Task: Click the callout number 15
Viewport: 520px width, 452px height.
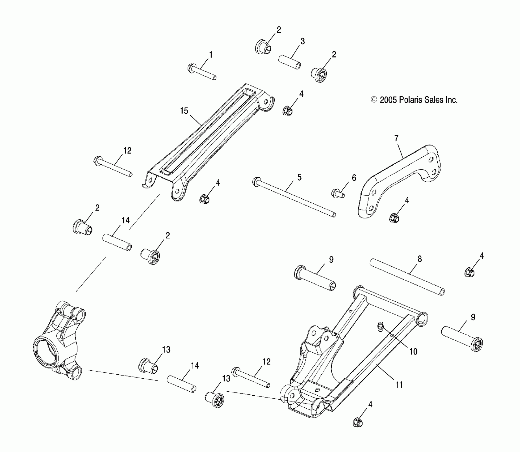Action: (x=184, y=111)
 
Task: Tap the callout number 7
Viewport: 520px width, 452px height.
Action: (x=396, y=138)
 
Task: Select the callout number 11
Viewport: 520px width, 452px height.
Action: (x=399, y=385)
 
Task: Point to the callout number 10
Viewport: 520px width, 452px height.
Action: (x=413, y=352)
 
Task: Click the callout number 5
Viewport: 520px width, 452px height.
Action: (x=299, y=177)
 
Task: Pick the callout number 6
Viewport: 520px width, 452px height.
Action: (x=354, y=178)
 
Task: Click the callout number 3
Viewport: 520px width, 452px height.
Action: (x=303, y=41)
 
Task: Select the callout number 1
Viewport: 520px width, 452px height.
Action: (x=211, y=55)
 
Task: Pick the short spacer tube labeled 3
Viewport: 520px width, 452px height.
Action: (x=290, y=62)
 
